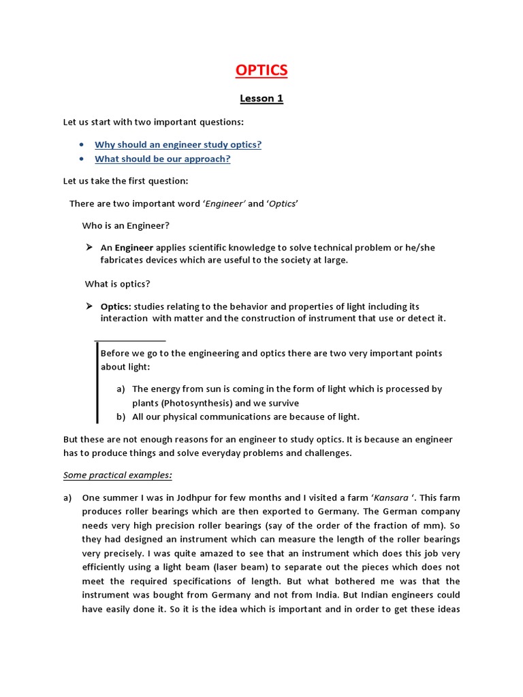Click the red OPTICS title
[x=261, y=70]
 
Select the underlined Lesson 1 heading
[x=261, y=99]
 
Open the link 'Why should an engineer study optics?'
[x=178, y=144]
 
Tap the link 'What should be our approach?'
[x=162, y=159]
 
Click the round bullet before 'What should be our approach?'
[x=81, y=159]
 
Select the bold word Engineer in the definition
[x=133, y=248]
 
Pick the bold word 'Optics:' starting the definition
[x=116, y=306]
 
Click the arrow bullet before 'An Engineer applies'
[x=89, y=247]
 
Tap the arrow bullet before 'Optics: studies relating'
[x=89, y=306]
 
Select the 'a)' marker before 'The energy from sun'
[x=121, y=389]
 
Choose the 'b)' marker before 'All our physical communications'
[x=121, y=417]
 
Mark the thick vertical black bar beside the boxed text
[x=97, y=383]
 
